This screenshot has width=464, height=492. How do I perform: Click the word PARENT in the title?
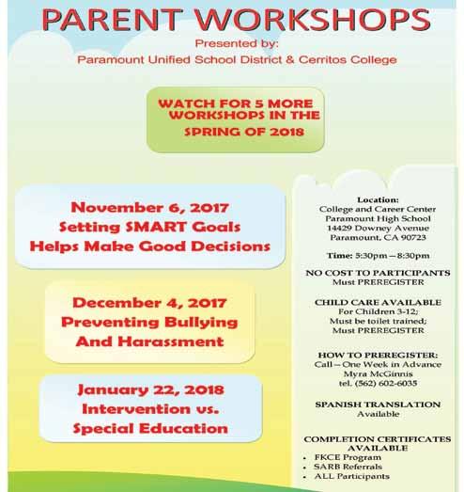point(112,20)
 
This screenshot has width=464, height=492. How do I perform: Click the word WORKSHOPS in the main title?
point(313,20)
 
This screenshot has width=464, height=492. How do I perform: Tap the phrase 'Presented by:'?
point(237,43)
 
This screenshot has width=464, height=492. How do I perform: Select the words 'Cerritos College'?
point(348,59)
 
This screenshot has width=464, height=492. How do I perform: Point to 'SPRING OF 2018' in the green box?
point(244,132)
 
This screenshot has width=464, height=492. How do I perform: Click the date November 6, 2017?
point(149,208)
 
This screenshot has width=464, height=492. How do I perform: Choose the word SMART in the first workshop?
point(156,227)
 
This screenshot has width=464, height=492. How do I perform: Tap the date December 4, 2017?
point(149,303)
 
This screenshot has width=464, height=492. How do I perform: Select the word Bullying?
point(201,323)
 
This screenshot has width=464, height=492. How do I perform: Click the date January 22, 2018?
point(150,390)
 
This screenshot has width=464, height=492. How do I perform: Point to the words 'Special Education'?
point(150,429)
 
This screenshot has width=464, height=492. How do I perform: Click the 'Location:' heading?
point(378,199)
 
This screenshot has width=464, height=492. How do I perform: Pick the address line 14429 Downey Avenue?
point(378,228)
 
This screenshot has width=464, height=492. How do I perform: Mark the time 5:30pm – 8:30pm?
point(392,256)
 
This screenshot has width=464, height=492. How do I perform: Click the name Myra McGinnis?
point(378,373)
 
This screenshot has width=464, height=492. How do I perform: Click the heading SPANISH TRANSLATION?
point(378,405)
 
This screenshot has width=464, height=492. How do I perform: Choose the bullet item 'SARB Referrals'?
point(348,467)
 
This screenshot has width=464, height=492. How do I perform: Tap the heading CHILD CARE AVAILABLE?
point(378,303)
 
